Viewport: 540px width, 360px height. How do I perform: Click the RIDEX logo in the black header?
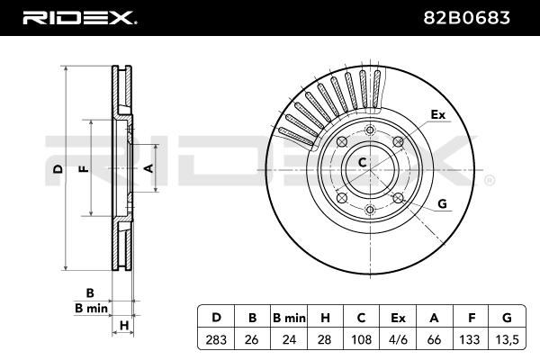tap(79, 18)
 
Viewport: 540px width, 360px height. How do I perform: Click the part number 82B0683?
tap(466, 18)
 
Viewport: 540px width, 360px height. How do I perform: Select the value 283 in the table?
tap(216, 339)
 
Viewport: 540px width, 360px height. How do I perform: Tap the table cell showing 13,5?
tap(506, 339)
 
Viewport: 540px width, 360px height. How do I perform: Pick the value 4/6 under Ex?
tap(398, 339)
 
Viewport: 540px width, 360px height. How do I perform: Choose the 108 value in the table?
tap(361, 339)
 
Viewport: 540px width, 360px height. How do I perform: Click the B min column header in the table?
tap(289, 318)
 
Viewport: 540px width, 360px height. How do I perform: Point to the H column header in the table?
tap(325, 318)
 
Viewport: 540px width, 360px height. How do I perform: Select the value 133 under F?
tap(470, 339)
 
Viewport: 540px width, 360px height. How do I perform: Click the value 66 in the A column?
tap(434, 339)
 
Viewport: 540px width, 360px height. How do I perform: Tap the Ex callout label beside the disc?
tap(438, 114)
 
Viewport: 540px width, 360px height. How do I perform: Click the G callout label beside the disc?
tap(442, 203)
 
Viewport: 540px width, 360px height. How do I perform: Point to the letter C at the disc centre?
tap(362, 162)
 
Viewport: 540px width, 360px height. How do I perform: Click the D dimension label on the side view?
tap(58, 169)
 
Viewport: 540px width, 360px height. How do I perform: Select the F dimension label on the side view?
tap(84, 169)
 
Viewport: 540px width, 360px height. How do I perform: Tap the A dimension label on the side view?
tap(148, 168)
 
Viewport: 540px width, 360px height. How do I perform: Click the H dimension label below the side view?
tap(124, 325)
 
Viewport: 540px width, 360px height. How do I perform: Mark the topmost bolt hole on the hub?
tap(370, 130)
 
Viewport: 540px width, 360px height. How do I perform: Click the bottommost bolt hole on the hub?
tap(370, 209)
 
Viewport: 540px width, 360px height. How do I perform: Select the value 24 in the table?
tap(289, 339)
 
